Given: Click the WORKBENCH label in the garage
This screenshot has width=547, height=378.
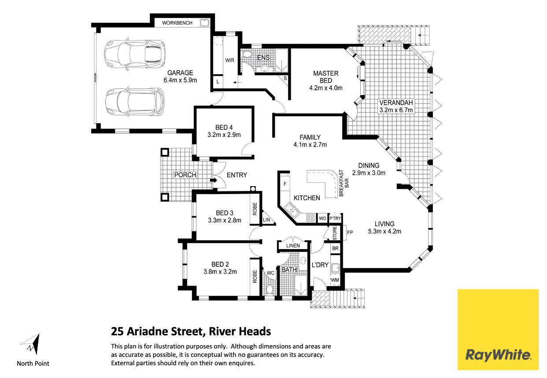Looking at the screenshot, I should [x=177, y=23].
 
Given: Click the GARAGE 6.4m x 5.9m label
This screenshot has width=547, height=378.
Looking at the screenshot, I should [x=180, y=77].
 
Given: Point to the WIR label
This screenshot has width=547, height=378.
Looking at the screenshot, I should [x=229, y=60].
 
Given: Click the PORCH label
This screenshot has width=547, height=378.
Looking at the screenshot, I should [x=185, y=175].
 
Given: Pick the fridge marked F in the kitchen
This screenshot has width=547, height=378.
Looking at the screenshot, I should [x=285, y=184].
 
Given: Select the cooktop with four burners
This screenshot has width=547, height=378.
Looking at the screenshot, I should [x=310, y=217].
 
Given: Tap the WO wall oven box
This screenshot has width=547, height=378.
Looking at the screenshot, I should [x=322, y=218].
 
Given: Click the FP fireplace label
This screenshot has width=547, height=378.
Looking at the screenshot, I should [x=350, y=232].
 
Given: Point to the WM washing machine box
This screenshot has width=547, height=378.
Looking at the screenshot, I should [x=335, y=280].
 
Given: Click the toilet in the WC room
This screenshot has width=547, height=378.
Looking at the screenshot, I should [x=270, y=289].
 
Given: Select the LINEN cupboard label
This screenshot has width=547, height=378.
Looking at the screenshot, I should [x=292, y=246].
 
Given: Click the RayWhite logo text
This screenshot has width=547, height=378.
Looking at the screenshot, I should [x=498, y=355].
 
